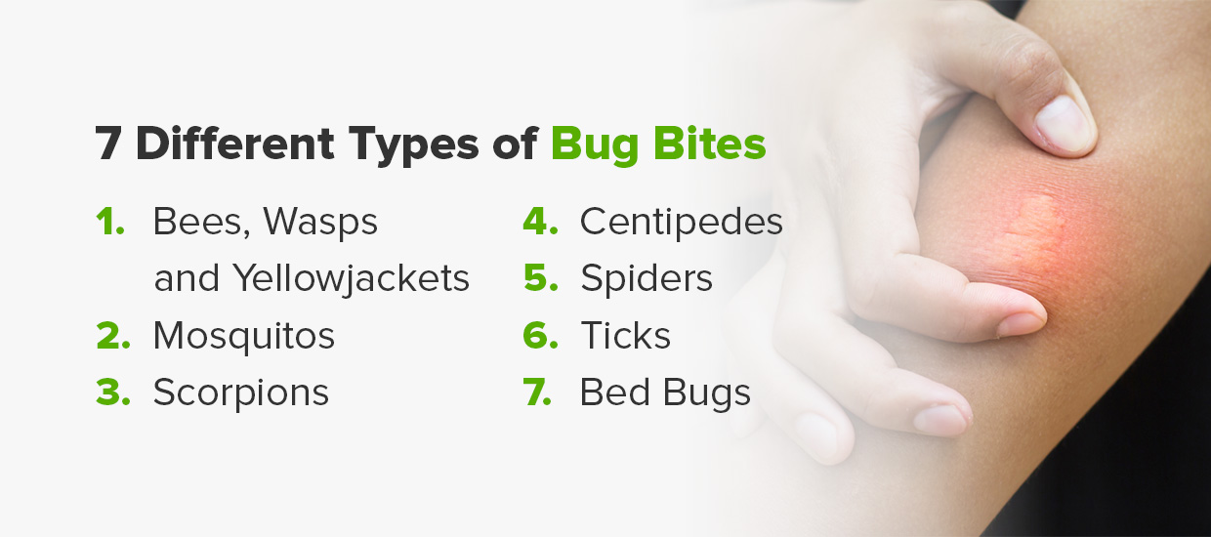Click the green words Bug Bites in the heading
point(658,145)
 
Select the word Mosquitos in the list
point(243,336)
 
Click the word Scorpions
point(240,392)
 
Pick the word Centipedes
point(681,223)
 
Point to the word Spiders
point(646,279)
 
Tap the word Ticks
point(625,336)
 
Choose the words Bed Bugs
point(665,392)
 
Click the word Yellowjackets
point(352,279)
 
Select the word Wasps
point(320,223)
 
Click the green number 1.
point(109,223)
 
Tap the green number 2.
point(112,336)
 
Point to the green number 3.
point(112,392)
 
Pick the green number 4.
point(540,223)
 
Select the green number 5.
point(540,279)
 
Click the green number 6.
point(540,336)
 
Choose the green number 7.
point(540,392)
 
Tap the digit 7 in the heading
point(108,144)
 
